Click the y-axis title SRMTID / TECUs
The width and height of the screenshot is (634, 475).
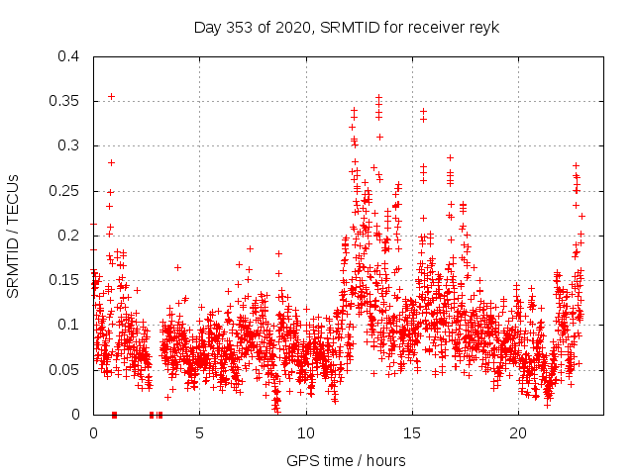[x=14, y=235]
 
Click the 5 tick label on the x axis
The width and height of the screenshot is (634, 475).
[x=199, y=432]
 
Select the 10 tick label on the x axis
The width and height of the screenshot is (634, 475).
[x=306, y=432]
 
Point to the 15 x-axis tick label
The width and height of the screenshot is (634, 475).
[x=412, y=432]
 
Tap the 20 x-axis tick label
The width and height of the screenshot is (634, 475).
[x=518, y=432]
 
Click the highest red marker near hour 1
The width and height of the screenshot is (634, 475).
[x=111, y=96]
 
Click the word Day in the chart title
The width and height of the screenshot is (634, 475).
[x=207, y=28]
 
